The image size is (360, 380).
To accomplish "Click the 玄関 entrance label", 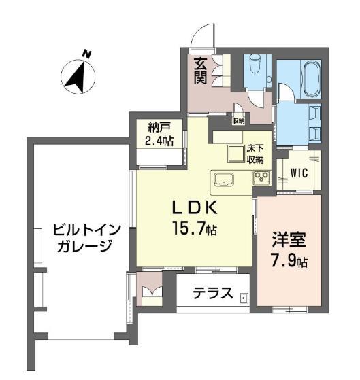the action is click(x=200, y=71).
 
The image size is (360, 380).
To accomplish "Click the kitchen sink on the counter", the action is click(x=223, y=179).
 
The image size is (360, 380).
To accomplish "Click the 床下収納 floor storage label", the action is click(x=255, y=154).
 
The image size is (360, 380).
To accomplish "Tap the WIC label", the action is click(x=299, y=173).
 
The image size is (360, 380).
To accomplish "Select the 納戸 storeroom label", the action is click(x=159, y=127).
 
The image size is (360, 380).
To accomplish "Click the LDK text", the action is click(x=195, y=208).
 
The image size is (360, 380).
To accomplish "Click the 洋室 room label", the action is click(x=289, y=240).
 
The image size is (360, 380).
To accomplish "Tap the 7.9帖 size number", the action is click(x=289, y=261).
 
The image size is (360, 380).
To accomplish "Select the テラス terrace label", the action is click(x=213, y=293).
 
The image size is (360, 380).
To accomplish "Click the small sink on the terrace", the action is click(x=244, y=298).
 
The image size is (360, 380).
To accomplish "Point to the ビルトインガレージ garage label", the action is click(x=86, y=238).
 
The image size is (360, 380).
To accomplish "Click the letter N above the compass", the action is click(x=86, y=54).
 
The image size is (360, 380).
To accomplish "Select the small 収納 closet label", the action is click(x=238, y=121).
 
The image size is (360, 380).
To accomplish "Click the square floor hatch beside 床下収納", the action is click(x=235, y=154).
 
